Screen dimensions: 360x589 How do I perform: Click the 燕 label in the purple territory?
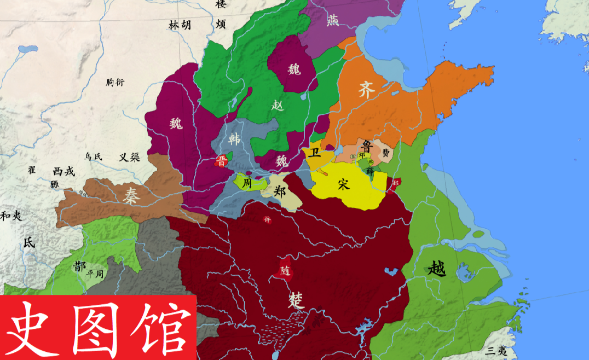click(x=332, y=20)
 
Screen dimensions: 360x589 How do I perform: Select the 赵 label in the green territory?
click(x=278, y=105)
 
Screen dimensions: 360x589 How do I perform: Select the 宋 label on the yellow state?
click(x=343, y=184)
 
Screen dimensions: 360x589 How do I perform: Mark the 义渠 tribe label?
click(x=130, y=157)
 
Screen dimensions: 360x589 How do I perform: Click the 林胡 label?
click(x=180, y=25)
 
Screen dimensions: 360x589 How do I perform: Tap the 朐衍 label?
click(x=116, y=82)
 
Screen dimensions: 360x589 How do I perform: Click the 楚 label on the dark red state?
click(x=296, y=299)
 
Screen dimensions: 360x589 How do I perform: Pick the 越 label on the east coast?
click(x=437, y=268)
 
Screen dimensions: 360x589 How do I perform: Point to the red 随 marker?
click(x=284, y=270)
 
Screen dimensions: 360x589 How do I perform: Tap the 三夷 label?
click(x=496, y=351)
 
